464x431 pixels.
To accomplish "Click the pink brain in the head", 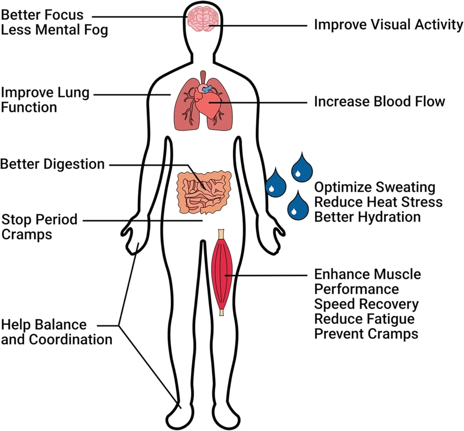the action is [203, 19].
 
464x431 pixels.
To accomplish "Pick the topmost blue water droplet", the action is [302, 168].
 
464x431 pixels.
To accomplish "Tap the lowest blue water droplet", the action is [298, 207].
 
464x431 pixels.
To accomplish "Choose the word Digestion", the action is [74, 164].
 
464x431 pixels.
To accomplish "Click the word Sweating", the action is [406, 188].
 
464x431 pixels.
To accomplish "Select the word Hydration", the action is [389, 217].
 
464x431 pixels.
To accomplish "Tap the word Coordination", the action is [71, 339].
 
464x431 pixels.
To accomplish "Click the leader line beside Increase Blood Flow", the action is [258, 103].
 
